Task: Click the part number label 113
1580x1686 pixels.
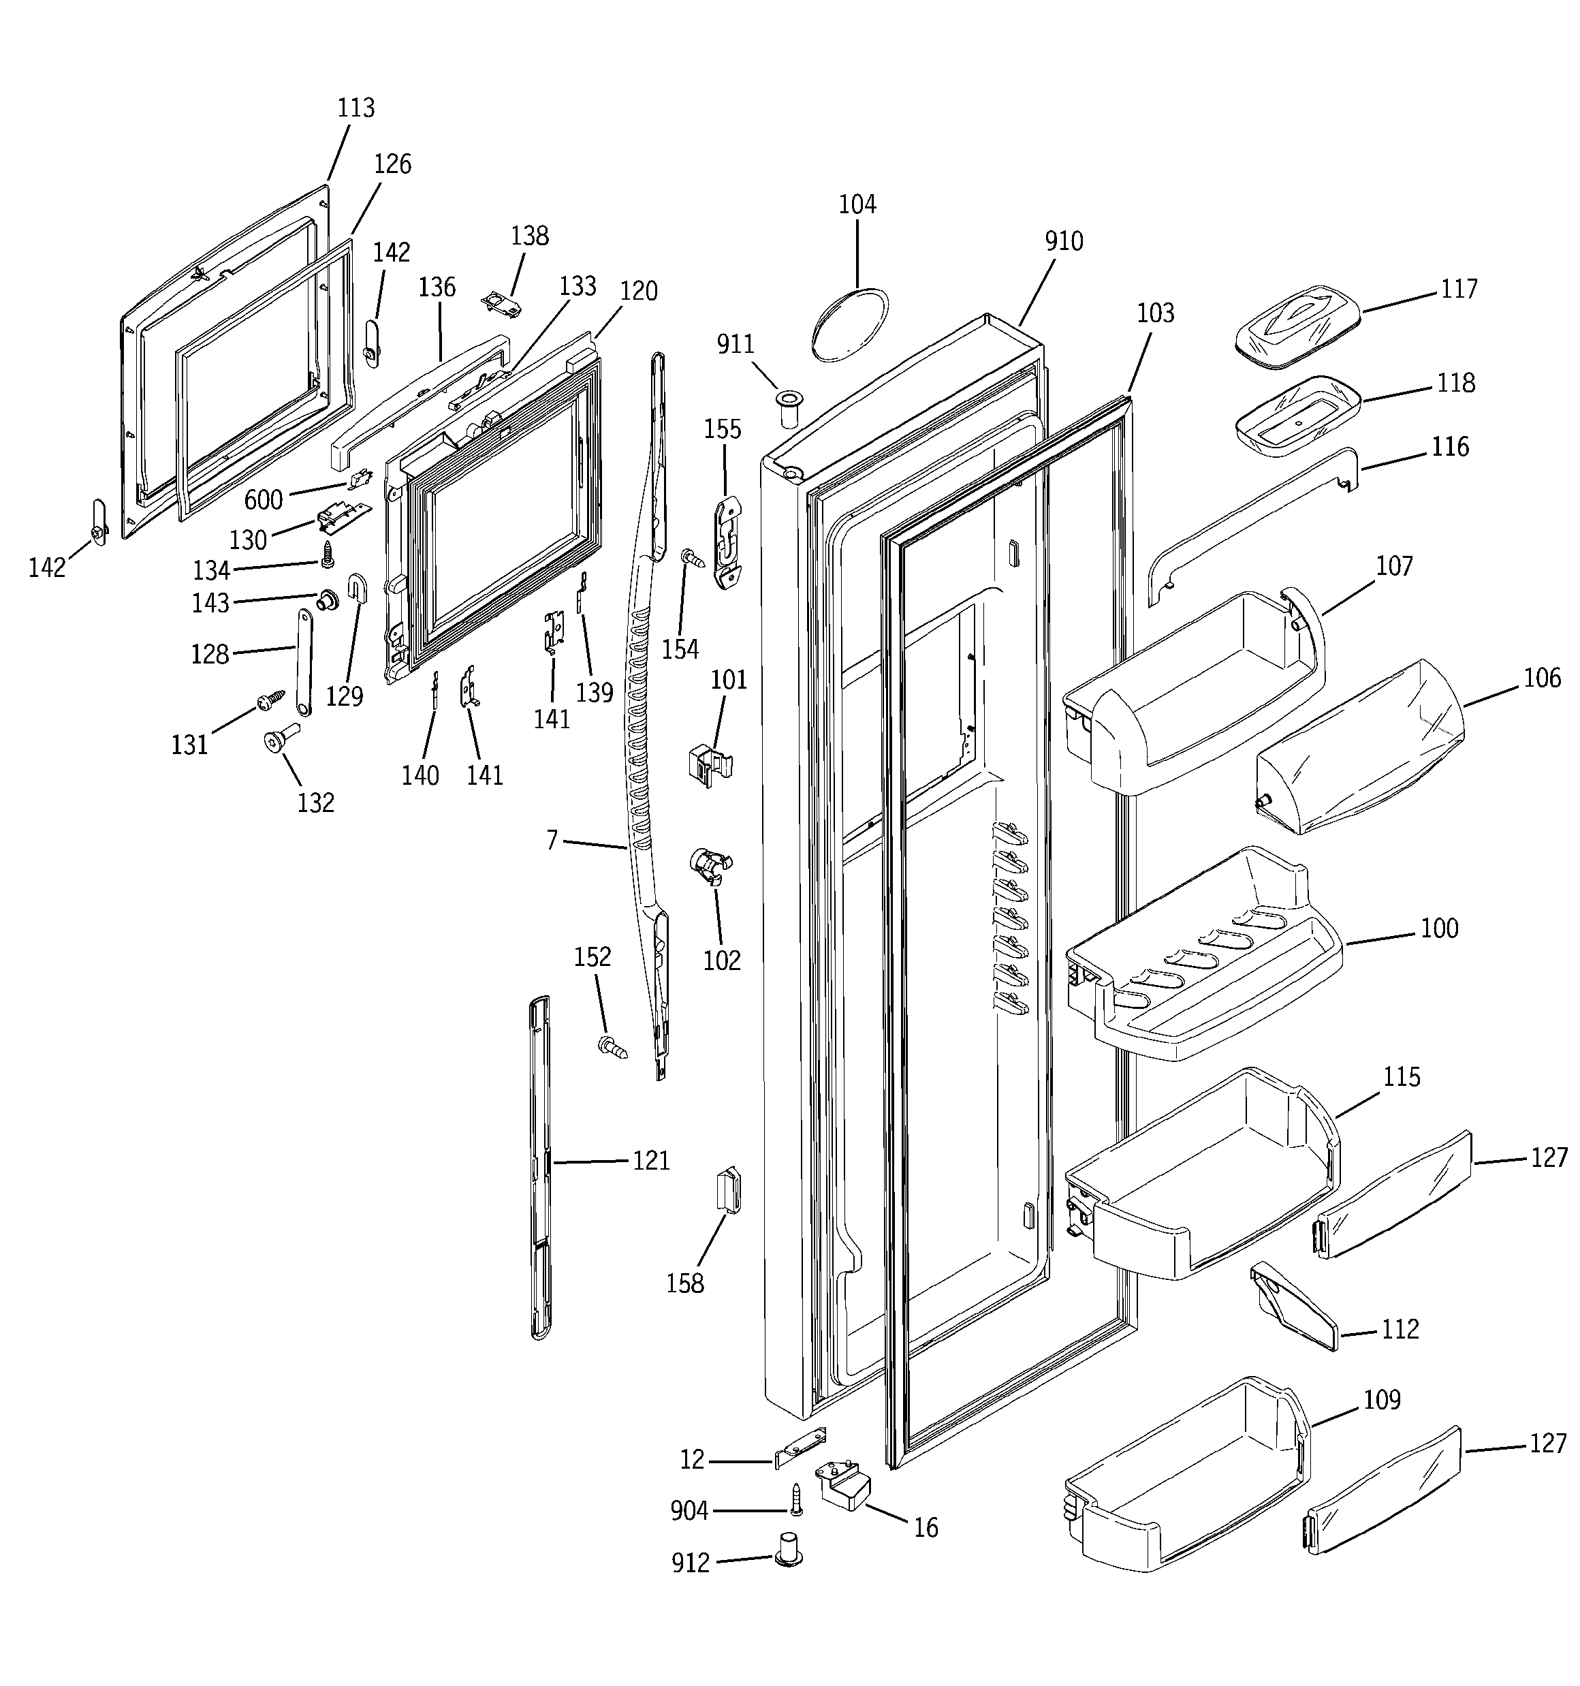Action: click(x=355, y=108)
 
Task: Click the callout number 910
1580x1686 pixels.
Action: click(x=1064, y=242)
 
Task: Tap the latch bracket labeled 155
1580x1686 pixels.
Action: click(x=727, y=543)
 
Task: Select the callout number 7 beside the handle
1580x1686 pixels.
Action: click(x=552, y=841)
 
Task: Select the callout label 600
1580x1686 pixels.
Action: click(x=263, y=499)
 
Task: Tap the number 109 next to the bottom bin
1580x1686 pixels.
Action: click(x=1382, y=1399)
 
